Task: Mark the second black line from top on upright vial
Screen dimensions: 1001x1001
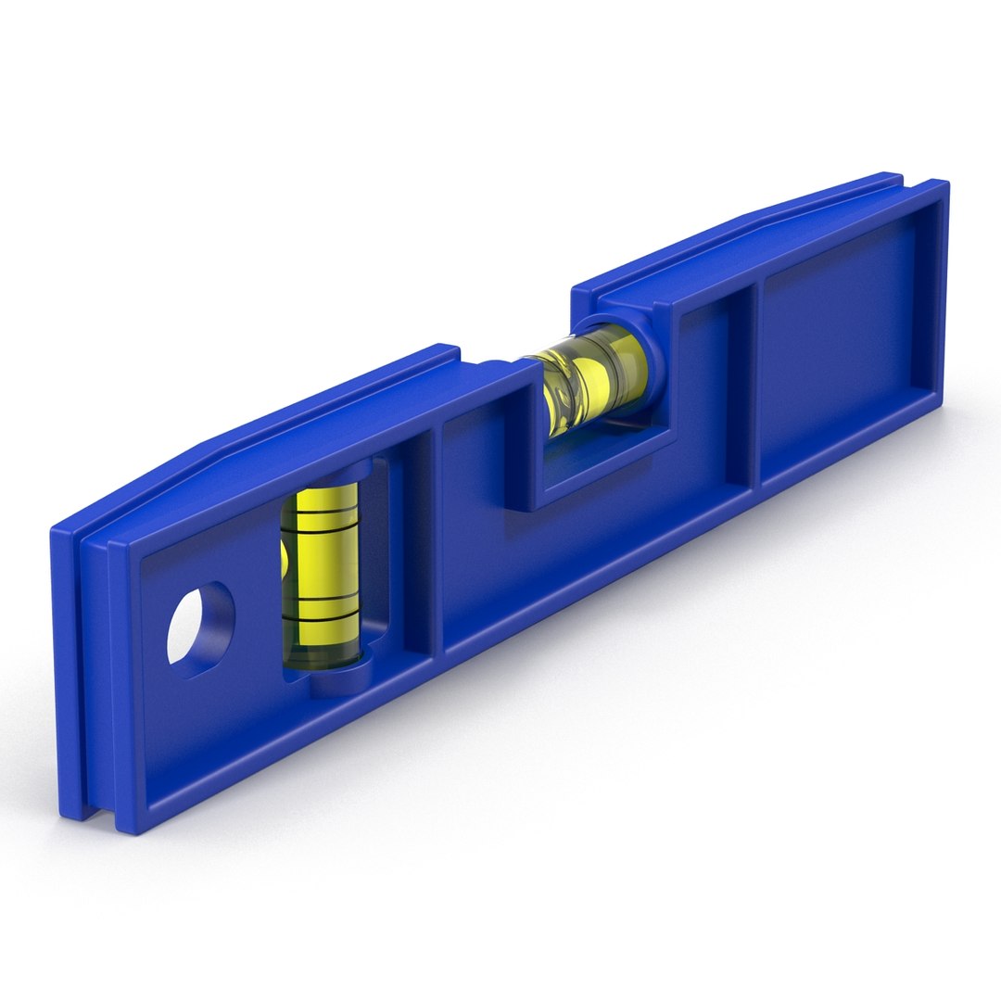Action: tap(320, 543)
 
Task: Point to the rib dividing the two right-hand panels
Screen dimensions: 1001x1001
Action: tap(754, 380)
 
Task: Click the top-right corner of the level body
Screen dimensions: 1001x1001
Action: tap(944, 184)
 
